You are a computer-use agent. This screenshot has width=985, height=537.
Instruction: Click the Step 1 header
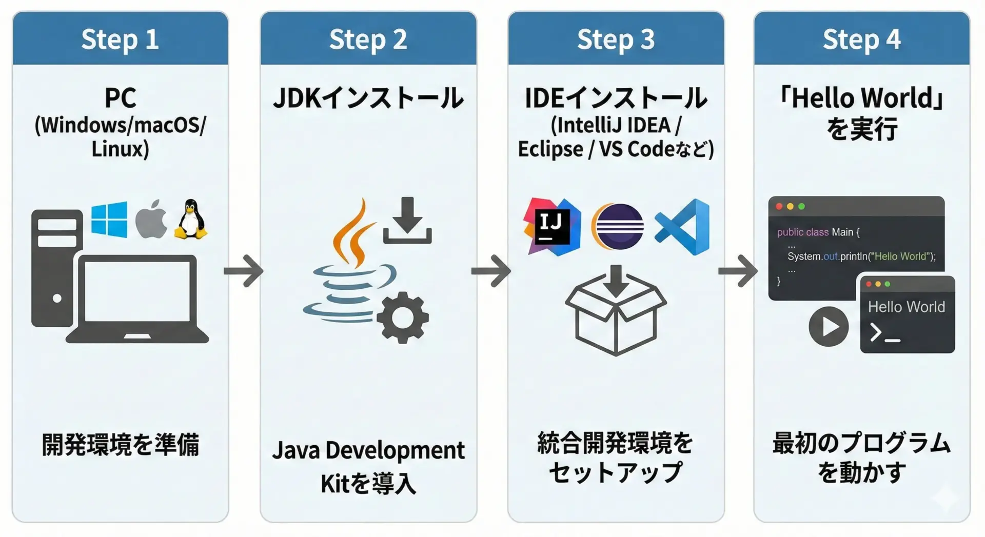tap(120, 39)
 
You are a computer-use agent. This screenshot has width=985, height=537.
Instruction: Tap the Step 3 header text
tap(616, 39)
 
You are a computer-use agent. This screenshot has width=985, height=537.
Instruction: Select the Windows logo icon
tap(109, 220)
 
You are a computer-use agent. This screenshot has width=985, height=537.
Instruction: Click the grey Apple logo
tap(151, 220)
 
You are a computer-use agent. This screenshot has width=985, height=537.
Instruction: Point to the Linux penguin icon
tap(191, 220)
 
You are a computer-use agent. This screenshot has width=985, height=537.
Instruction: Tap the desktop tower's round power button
tap(57, 298)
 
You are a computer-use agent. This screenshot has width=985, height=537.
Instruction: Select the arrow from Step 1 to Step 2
tap(244, 270)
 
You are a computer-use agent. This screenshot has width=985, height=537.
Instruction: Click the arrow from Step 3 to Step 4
tap(738, 270)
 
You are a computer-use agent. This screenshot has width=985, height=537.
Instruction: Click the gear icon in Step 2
tap(403, 317)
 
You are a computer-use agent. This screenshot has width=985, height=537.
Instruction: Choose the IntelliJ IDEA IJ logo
tap(552, 226)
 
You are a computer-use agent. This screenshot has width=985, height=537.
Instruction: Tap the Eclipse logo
tap(618, 226)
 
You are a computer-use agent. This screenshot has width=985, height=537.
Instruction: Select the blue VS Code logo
tap(683, 227)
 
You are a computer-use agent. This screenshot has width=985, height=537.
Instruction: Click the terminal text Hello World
tap(906, 307)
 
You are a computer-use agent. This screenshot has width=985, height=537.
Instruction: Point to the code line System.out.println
tap(861, 256)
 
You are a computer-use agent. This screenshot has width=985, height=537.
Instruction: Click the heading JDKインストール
tap(368, 98)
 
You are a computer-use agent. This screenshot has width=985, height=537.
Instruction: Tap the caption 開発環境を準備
tap(120, 444)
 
